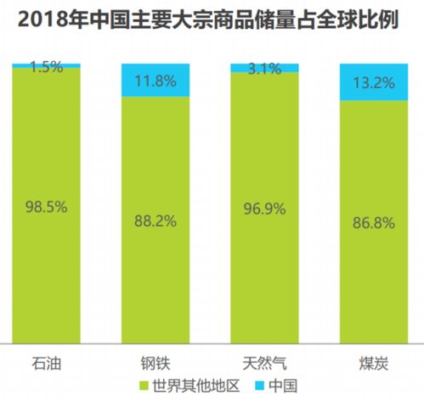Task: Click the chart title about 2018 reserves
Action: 212,19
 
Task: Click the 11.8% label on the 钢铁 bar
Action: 155,82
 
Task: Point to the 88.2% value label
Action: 155,221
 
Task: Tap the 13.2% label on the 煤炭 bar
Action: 373,82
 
